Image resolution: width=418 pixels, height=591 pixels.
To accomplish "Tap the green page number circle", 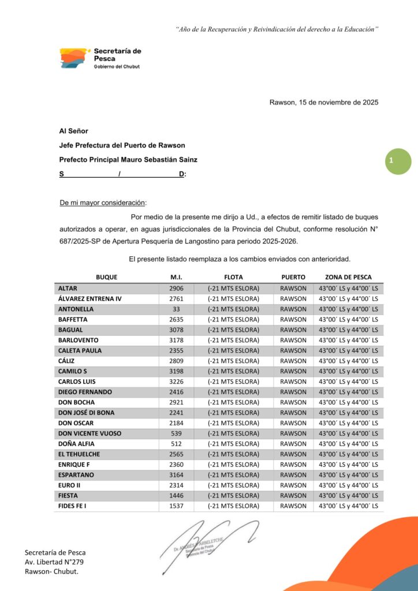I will tap(398, 162).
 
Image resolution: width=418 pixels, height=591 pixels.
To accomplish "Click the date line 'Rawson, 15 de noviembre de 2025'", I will tap(324, 103).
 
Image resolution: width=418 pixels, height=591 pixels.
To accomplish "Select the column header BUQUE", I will tap(106, 277).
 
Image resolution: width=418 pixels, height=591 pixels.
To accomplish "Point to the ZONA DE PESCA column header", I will tap(348, 277).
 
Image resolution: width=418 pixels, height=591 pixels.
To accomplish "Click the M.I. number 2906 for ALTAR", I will tap(176, 288).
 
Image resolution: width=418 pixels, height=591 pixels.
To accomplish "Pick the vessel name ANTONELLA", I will tap(76, 309).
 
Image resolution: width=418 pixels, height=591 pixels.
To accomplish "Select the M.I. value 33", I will tap(176, 309).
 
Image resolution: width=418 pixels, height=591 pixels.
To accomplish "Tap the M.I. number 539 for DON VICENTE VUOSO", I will tap(176, 433).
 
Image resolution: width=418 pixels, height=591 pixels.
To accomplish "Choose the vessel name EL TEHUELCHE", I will tap(80, 454).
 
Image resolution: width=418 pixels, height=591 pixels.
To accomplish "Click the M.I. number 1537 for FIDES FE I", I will tap(176, 506).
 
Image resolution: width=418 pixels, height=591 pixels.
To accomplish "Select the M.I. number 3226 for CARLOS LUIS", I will tap(176, 381).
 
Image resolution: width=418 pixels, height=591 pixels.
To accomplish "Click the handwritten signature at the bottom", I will tap(211, 540).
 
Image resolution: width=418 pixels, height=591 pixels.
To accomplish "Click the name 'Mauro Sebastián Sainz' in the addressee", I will tap(167, 159).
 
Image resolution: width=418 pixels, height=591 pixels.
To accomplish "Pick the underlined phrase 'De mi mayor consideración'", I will tap(103, 203).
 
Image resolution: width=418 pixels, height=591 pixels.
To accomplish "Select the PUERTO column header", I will tap(293, 277).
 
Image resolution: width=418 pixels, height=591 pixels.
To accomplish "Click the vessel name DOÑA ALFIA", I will tap(76, 444).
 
